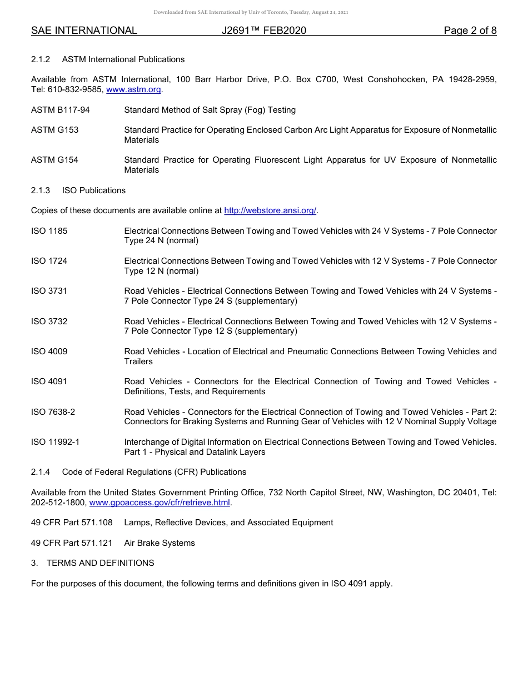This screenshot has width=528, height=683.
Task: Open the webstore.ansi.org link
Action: [270, 210]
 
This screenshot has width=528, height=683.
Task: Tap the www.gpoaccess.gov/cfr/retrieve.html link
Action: [160, 503]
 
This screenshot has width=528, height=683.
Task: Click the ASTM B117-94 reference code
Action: [60, 110]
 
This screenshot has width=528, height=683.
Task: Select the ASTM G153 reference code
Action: [54, 130]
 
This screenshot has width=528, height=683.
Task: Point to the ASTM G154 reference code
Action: [54, 160]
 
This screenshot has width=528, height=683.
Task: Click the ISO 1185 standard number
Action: [49, 231]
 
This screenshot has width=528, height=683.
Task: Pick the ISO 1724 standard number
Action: [49, 261]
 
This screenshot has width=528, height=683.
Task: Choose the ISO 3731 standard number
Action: [49, 291]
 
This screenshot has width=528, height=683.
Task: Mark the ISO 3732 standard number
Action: [49, 322]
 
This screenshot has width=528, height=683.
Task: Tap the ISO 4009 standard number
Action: [49, 351]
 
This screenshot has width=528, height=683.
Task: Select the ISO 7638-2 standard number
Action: [53, 412]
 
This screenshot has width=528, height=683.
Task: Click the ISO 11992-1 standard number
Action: [55, 442]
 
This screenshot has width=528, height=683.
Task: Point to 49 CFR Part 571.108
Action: [72, 523]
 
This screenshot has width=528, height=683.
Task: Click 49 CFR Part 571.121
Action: [72, 543]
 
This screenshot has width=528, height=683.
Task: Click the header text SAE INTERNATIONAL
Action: [84, 31]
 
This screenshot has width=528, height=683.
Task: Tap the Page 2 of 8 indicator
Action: [470, 31]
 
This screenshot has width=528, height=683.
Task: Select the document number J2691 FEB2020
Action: [263, 31]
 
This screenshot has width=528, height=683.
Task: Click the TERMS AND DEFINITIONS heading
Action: [100, 563]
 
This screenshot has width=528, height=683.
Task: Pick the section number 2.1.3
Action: [41, 190]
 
